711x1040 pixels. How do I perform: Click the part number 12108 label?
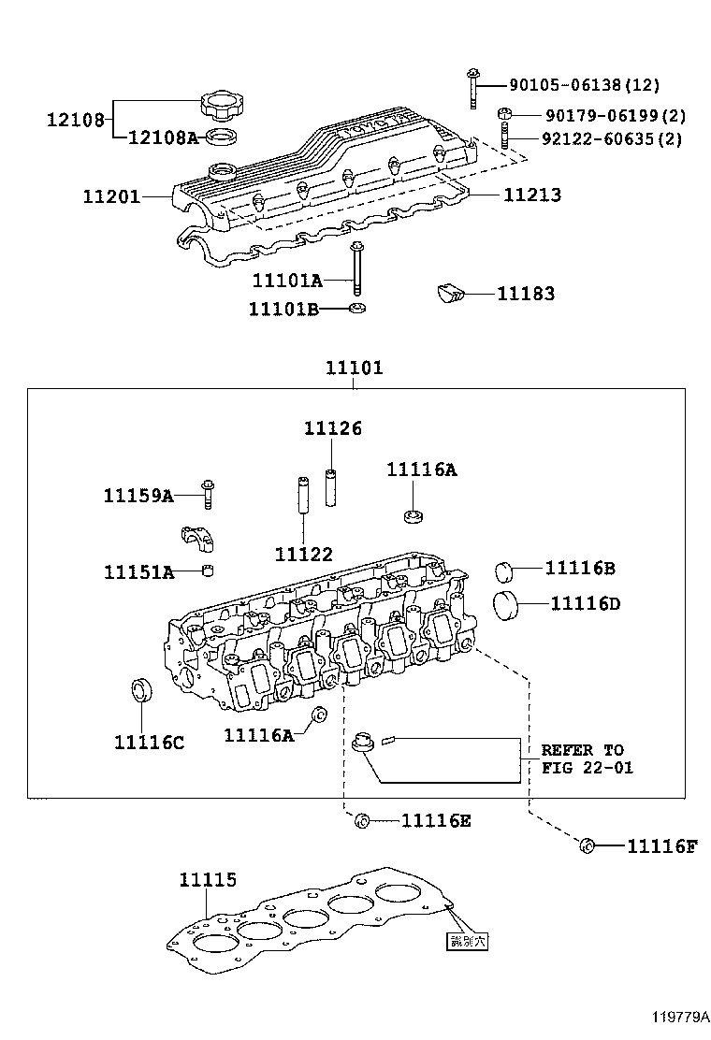coord(76,119)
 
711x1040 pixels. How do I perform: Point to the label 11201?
coord(111,196)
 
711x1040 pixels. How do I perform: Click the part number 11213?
coord(532,195)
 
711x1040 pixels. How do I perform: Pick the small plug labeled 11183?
coord(450,294)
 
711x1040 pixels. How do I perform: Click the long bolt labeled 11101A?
coord(356,267)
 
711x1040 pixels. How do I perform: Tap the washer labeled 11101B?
coord(356,309)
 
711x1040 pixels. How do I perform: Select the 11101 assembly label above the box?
coord(354,368)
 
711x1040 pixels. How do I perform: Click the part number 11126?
coord(332,428)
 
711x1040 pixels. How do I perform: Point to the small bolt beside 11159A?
coord(208,493)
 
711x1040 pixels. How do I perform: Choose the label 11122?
coord(304,555)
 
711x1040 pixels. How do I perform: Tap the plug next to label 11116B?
coord(505,571)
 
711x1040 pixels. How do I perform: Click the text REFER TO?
coord(582,750)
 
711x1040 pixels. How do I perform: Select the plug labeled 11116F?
coord(588,846)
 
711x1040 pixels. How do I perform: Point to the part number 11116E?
coord(436,821)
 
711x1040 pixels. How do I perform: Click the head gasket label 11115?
coord(208,879)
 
